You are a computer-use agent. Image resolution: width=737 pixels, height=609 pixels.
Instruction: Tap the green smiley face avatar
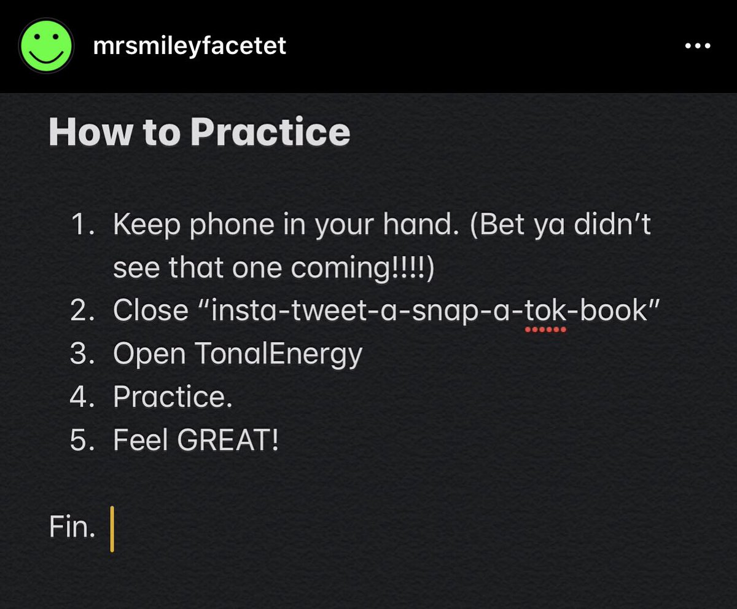click(x=47, y=45)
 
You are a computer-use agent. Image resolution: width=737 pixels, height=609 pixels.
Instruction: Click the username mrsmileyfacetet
click(x=189, y=45)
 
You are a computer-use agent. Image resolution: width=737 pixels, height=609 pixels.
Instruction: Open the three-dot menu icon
click(x=698, y=46)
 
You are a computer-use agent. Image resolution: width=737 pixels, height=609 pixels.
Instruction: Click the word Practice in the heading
click(x=270, y=132)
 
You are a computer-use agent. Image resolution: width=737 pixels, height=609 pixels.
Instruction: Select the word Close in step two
click(x=150, y=311)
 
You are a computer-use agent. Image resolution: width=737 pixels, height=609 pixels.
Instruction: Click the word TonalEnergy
click(x=278, y=355)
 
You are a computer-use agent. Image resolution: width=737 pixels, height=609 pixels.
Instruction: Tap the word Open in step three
click(x=150, y=355)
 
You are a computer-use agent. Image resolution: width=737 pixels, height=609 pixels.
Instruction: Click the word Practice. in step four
click(x=173, y=397)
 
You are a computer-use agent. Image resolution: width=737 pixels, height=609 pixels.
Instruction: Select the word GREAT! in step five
click(x=228, y=440)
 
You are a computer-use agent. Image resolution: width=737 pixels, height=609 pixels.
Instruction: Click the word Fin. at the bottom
click(x=72, y=527)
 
